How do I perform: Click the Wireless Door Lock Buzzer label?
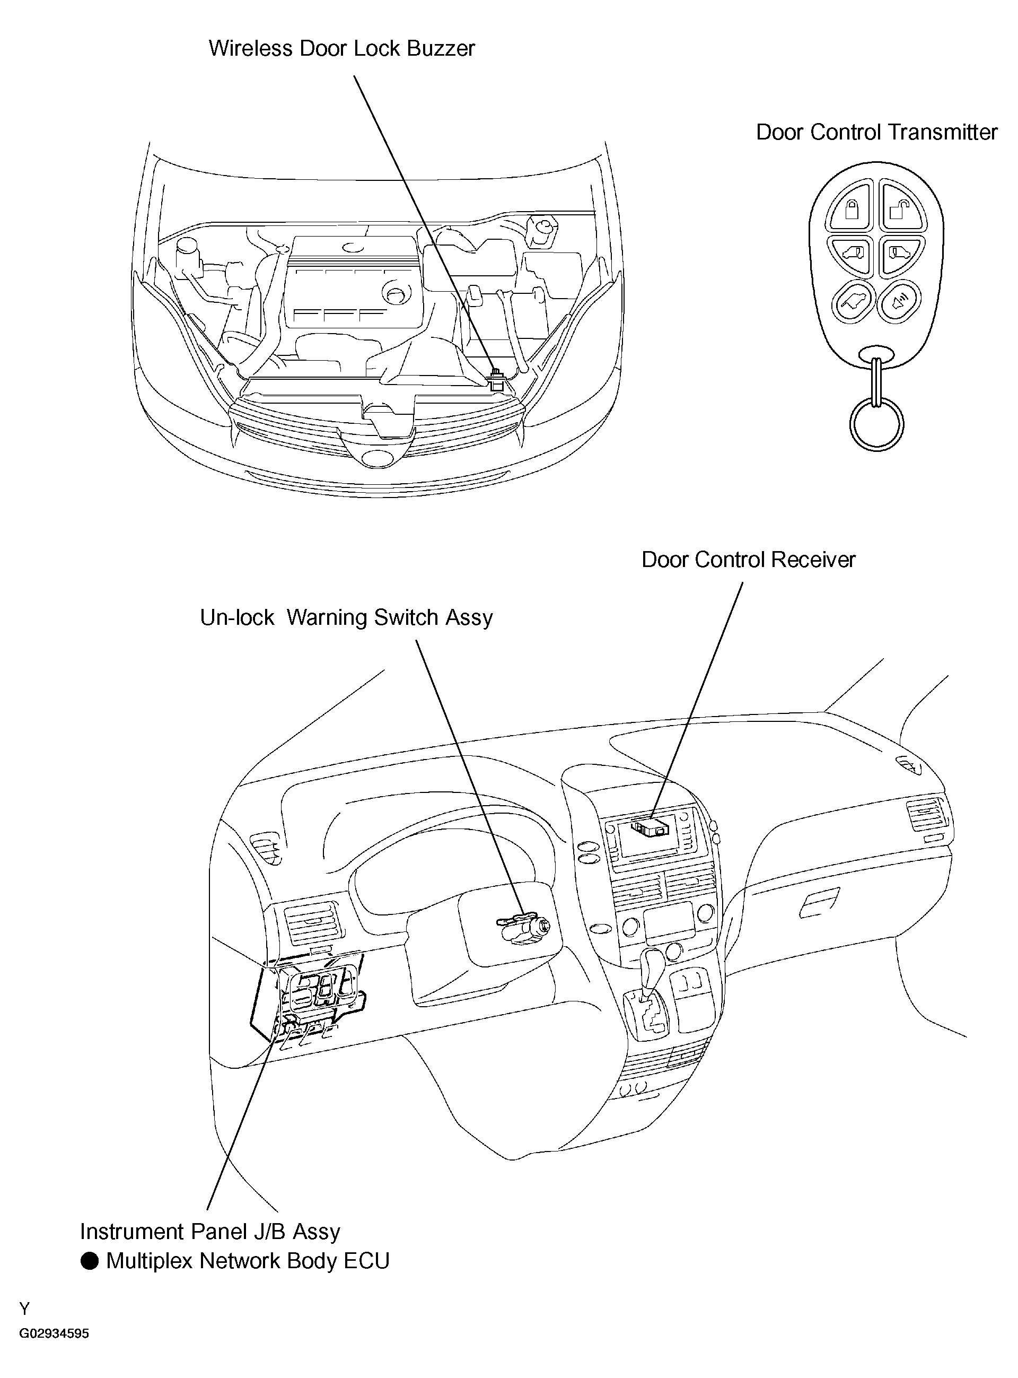(342, 48)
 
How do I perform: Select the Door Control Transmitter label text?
(876, 132)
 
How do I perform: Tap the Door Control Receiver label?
(749, 560)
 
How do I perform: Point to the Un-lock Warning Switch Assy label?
(346, 617)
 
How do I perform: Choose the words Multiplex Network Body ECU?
(248, 1261)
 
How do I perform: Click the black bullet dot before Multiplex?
(90, 1261)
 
